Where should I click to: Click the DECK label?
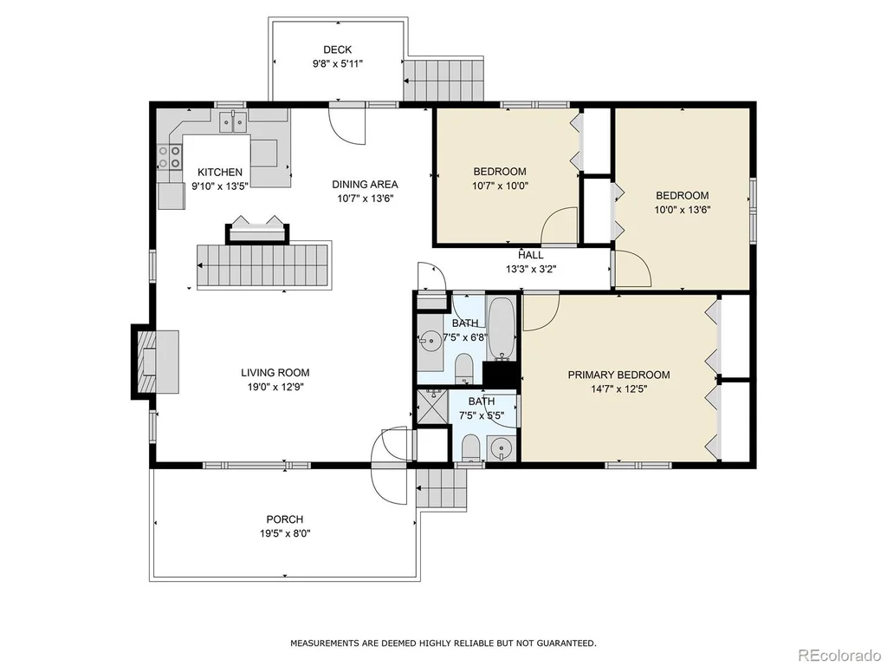[x=337, y=49]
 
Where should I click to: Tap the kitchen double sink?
[x=233, y=121]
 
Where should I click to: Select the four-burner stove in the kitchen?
[x=170, y=157]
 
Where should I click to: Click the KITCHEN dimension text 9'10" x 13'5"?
[x=220, y=186]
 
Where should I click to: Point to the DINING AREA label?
[x=365, y=184]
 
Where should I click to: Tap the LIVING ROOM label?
[x=275, y=373]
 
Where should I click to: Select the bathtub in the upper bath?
[x=502, y=329]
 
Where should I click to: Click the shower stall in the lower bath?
[x=433, y=406]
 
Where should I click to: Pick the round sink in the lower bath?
[x=500, y=449]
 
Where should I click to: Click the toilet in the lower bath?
[x=471, y=448]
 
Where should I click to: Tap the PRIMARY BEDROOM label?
[x=618, y=375]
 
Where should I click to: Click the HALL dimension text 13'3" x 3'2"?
[x=531, y=270]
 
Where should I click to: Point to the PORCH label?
[x=284, y=519]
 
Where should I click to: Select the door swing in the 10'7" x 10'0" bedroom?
[x=559, y=225]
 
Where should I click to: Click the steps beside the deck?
[x=444, y=81]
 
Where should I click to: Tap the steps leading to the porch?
[x=442, y=490]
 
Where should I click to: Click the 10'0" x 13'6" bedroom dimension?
[x=683, y=210]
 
